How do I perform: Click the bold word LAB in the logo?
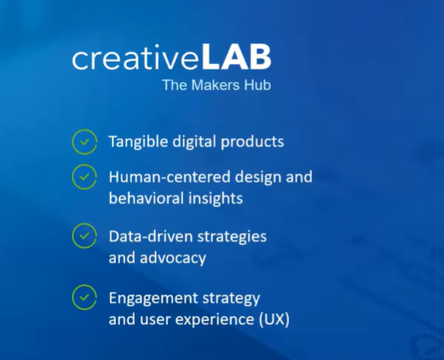236,58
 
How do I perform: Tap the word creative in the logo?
136,59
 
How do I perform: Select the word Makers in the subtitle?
215,85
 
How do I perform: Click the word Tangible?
138,142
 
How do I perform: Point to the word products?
253,142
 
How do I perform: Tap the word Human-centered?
169,177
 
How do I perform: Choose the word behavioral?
146,198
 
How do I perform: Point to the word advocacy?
173,259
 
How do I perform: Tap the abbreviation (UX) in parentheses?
274,320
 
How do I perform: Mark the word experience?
215,320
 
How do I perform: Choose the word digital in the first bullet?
195,142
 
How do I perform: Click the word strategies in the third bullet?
232,237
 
